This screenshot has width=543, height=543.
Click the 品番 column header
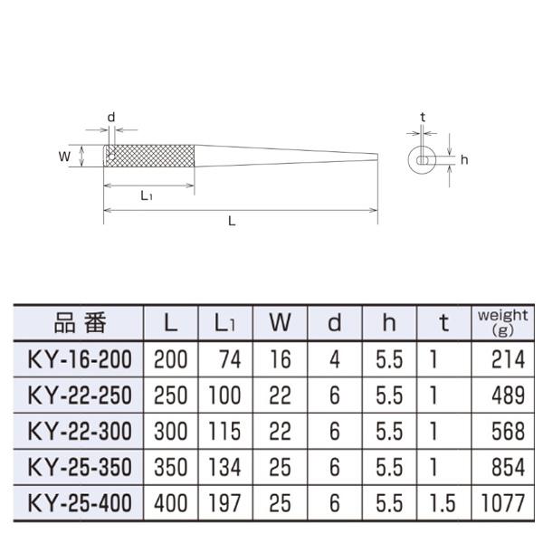click(x=81, y=323)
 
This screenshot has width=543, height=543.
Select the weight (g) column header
click(x=501, y=323)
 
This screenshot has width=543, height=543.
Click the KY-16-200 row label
click(x=81, y=360)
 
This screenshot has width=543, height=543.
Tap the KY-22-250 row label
click(x=81, y=395)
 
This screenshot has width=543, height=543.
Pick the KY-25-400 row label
click(x=81, y=501)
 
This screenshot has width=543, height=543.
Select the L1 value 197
click(x=224, y=501)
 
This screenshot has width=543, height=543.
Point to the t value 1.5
click(x=442, y=501)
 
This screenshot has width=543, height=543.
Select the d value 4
click(x=335, y=360)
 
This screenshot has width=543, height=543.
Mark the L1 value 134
click(x=224, y=466)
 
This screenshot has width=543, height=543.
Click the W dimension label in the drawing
click(x=64, y=156)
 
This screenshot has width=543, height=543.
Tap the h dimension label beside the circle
click(x=463, y=160)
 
